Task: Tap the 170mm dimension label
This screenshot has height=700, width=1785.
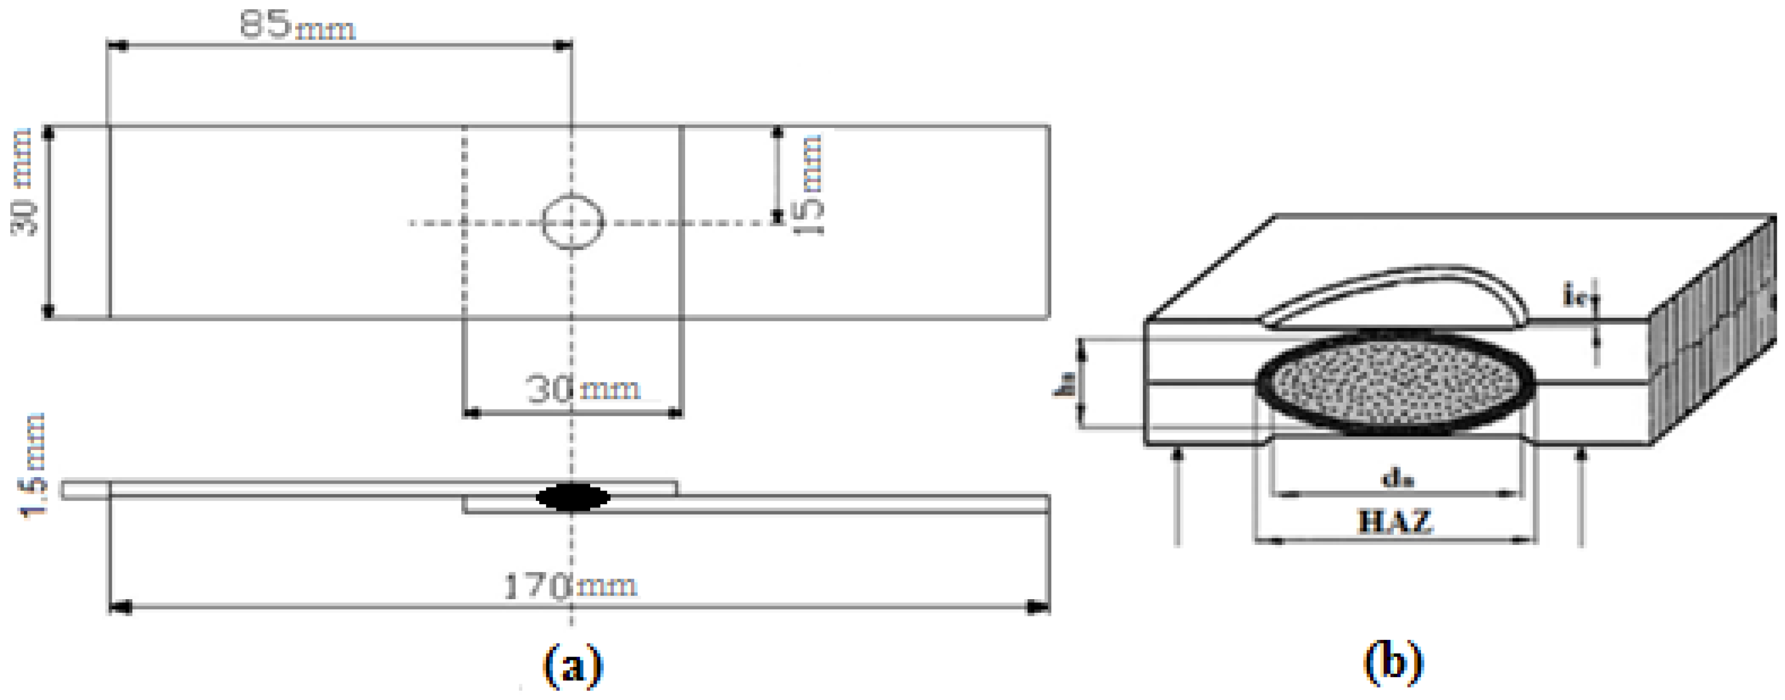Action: [568, 586]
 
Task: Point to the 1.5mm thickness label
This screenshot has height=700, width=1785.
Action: [33, 465]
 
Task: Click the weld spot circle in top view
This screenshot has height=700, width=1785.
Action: [572, 222]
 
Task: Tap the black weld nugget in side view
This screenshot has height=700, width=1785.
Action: [573, 497]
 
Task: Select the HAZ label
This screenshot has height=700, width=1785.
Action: [1394, 521]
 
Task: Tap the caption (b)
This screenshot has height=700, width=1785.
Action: [1393, 663]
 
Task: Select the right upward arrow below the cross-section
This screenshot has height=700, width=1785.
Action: [1581, 495]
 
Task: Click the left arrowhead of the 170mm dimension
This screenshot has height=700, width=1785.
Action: [120, 608]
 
